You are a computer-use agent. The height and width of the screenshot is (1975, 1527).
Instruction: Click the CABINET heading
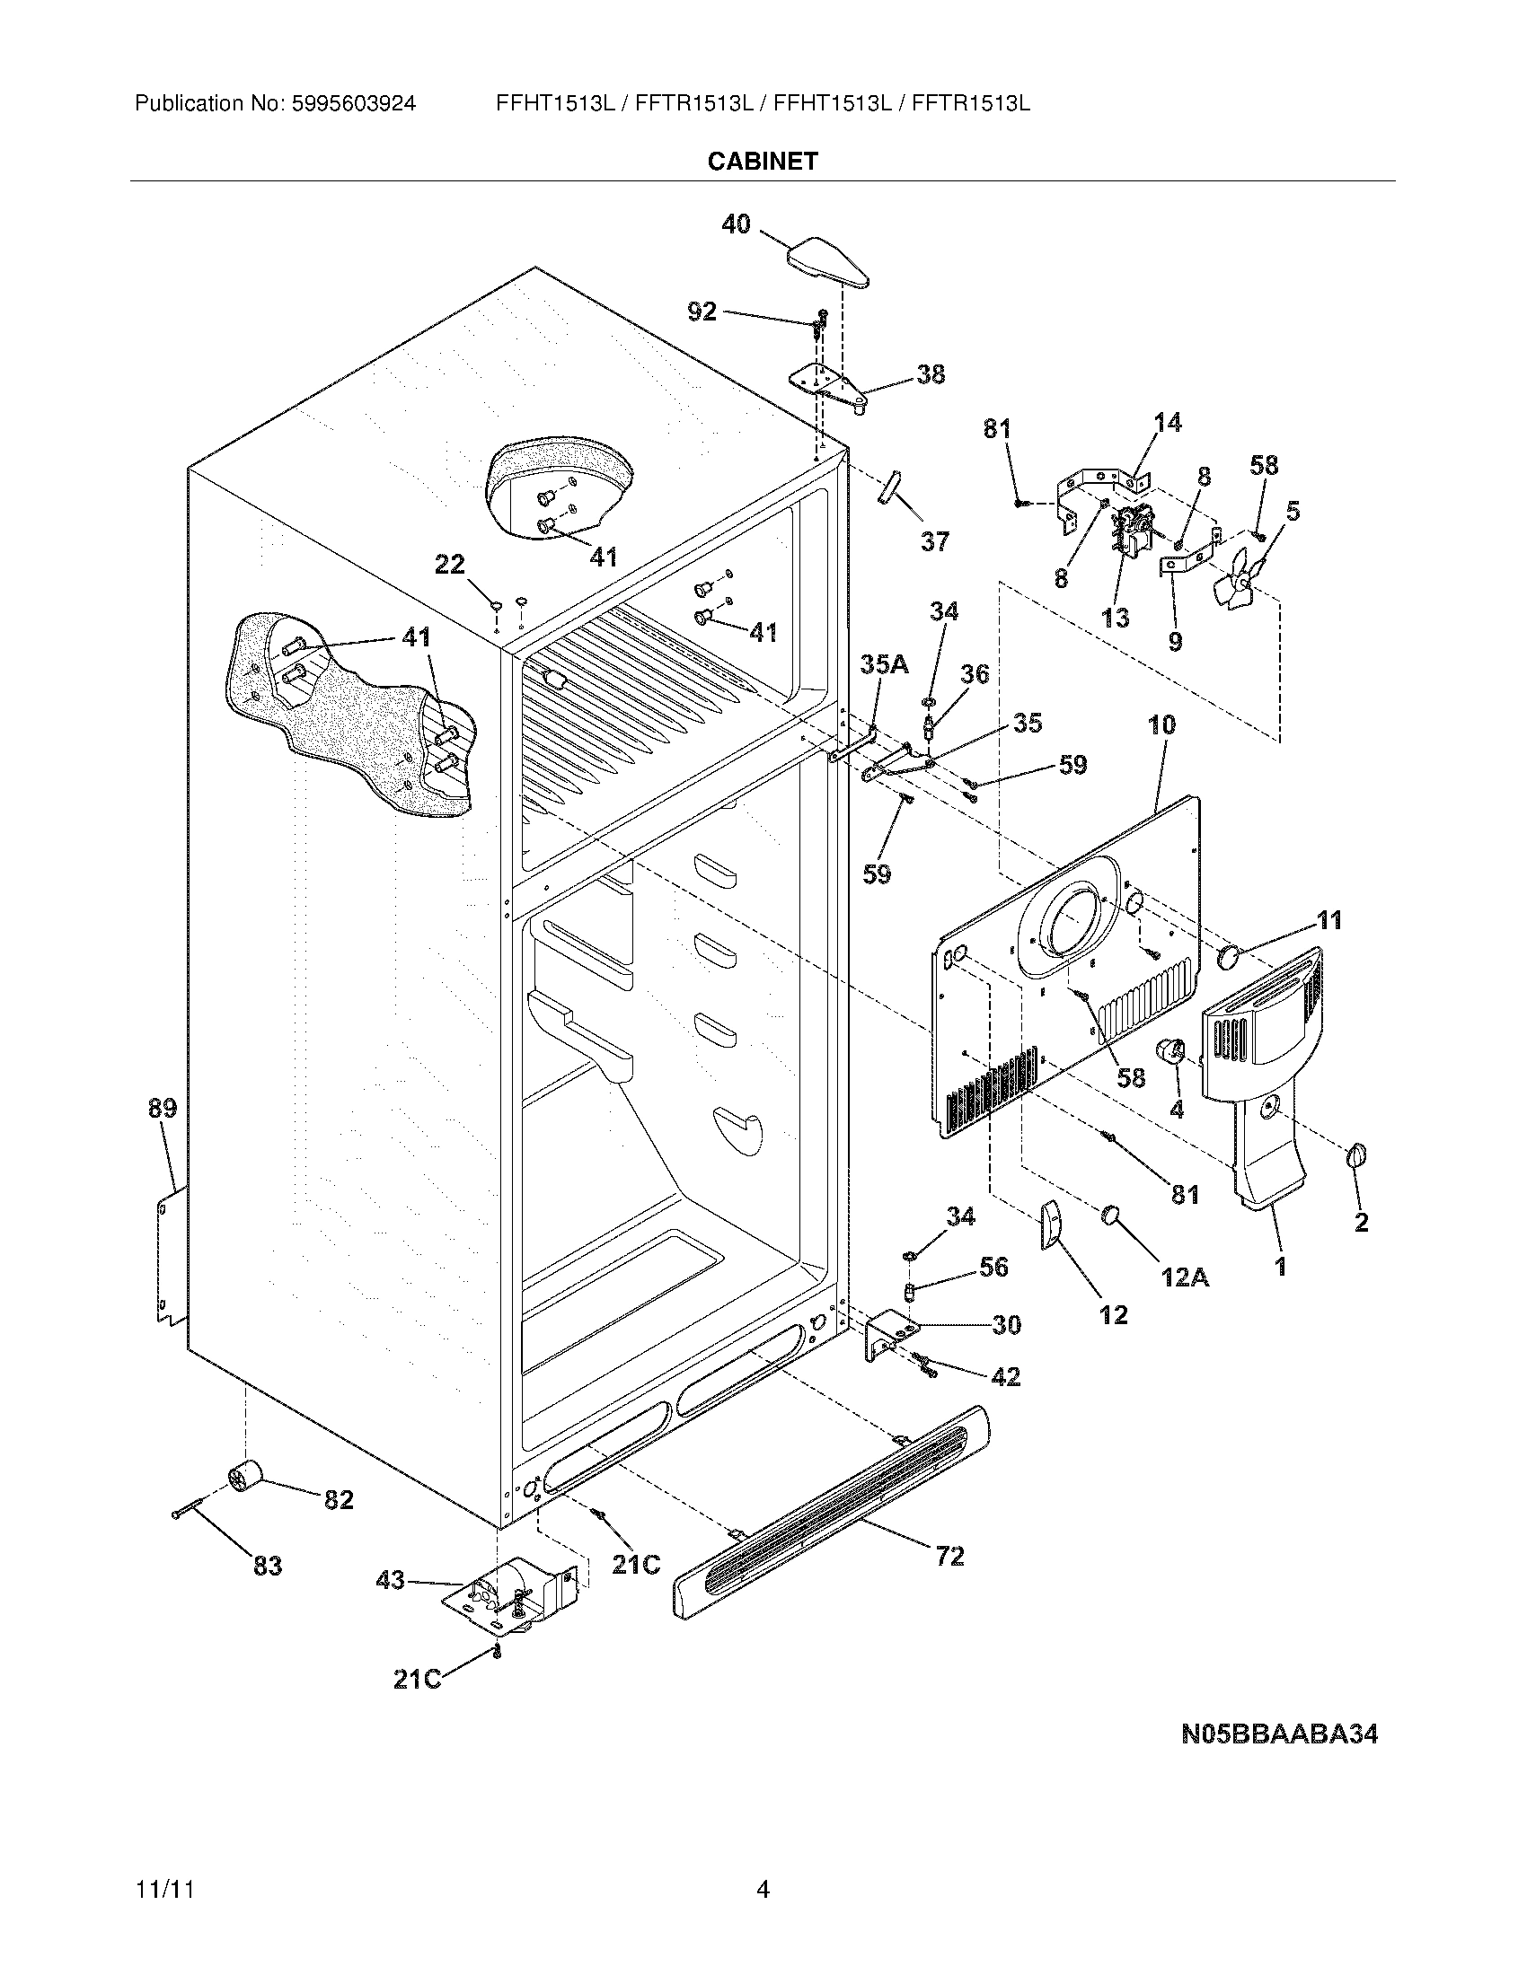pyautogui.click(x=763, y=161)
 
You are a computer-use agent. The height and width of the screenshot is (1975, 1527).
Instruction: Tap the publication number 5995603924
pyautogui.click(x=353, y=104)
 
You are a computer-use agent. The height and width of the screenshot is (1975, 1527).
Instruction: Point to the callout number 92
pyautogui.click(x=702, y=312)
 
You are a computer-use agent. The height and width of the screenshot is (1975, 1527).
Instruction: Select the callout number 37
pyautogui.click(x=934, y=541)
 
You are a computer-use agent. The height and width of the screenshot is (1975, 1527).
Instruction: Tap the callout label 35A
pyautogui.click(x=884, y=664)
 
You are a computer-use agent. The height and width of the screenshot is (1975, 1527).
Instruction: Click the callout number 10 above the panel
pyautogui.click(x=1161, y=724)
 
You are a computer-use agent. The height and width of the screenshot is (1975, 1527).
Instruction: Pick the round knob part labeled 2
pyautogui.click(x=1356, y=1155)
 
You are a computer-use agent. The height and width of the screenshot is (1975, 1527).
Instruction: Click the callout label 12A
pyautogui.click(x=1184, y=1277)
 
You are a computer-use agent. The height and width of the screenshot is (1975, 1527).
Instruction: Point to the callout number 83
pyautogui.click(x=267, y=1566)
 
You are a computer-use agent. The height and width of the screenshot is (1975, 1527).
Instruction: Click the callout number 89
pyautogui.click(x=163, y=1108)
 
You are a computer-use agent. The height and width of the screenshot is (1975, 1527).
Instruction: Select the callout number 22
pyautogui.click(x=450, y=565)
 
